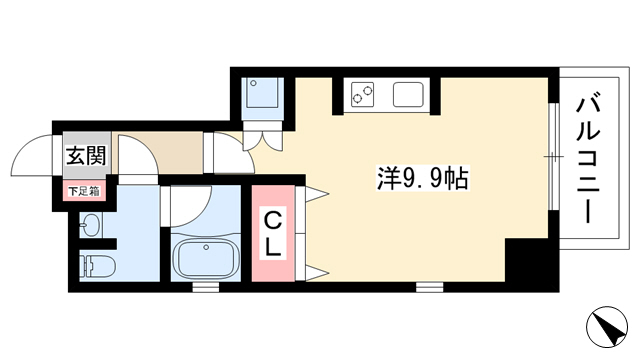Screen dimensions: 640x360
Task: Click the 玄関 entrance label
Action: [87, 156]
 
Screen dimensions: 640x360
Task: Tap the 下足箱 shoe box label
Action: [84, 191]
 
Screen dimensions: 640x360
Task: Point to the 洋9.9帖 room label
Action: [422, 178]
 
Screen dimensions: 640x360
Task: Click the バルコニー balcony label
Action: [588, 160]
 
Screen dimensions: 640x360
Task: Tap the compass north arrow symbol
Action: [607, 327]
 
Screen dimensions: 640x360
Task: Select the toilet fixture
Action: [97, 266]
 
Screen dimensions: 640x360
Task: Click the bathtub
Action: [205, 258]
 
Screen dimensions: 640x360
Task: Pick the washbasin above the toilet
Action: [90, 225]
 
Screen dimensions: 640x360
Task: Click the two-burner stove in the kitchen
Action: [363, 94]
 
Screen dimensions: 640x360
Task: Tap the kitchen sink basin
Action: [408, 94]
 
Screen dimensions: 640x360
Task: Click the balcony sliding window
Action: [553, 156]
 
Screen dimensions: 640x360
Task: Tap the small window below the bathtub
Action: [206, 287]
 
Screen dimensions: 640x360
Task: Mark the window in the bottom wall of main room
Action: [429, 287]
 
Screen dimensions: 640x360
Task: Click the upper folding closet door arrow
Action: [312, 194]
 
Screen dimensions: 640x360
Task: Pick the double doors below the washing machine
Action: [262, 141]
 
